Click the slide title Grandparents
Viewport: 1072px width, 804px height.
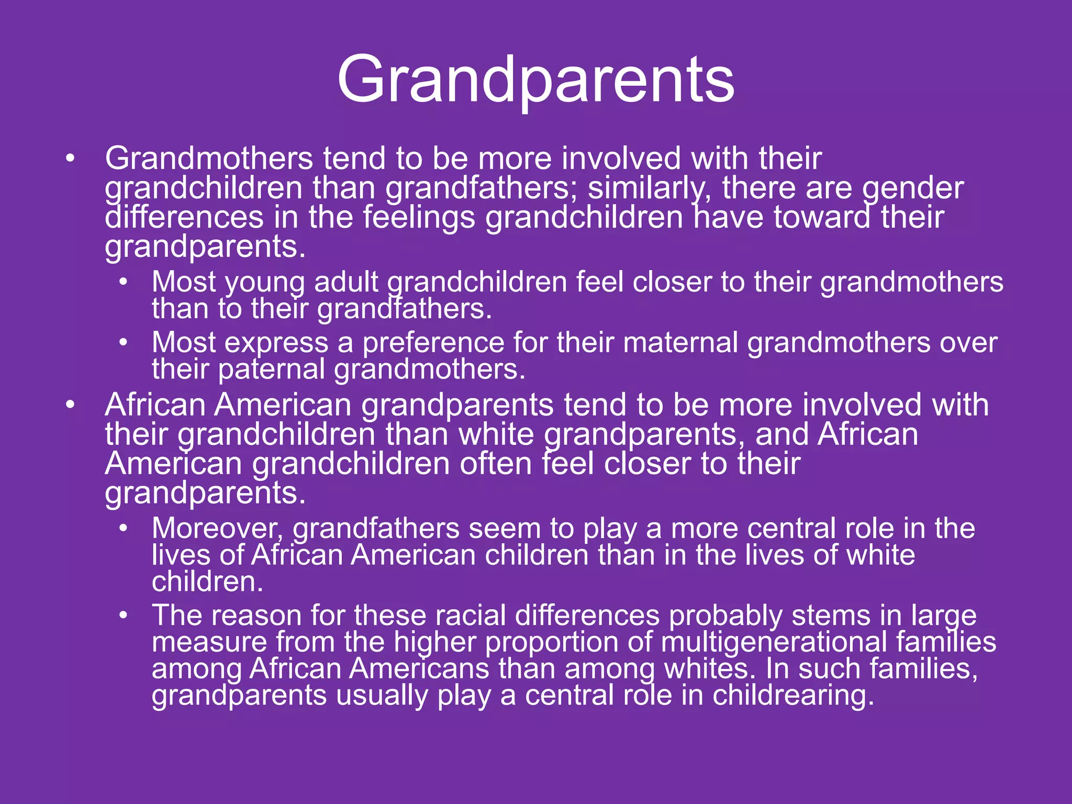(535, 80)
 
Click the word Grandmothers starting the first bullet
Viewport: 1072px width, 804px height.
(209, 158)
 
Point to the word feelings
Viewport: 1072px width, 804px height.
(419, 218)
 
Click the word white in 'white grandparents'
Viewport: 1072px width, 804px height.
(496, 434)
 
